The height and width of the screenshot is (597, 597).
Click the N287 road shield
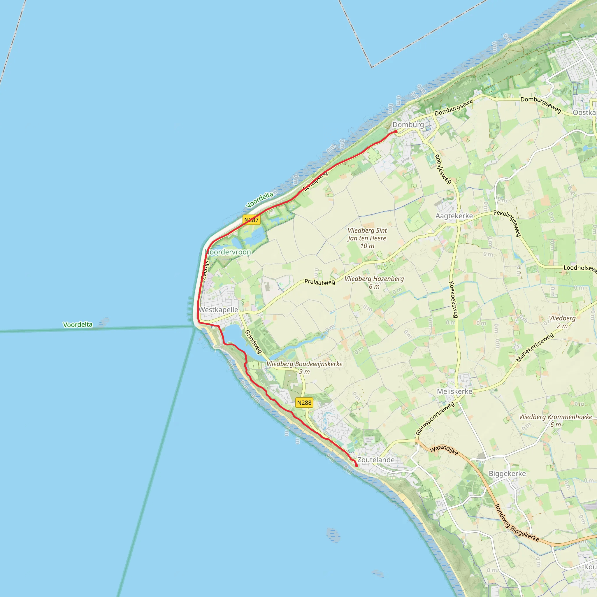[x=251, y=220]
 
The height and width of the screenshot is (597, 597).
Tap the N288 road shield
[x=304, y=403]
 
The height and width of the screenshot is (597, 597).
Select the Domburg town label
[x=408, y=124]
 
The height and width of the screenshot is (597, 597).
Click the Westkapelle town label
[x=218, y=310]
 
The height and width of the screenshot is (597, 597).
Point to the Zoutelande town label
[x=376, y=460]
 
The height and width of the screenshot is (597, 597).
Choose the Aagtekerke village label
[x=454, y=216]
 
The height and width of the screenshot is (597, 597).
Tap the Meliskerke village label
[x=454, y=391]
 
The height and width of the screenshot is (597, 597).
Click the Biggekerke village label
[x=507, y=474]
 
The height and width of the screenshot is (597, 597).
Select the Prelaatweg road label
[x=319, y=282]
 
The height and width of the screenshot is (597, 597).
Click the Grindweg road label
[x=253, y=342]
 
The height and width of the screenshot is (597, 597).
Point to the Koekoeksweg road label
[x=453, y=299]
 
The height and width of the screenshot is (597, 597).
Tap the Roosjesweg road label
[x=443, y=169]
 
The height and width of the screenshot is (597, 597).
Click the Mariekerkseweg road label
[x=535, y=347]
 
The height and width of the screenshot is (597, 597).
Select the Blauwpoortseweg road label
[x=435, y=418]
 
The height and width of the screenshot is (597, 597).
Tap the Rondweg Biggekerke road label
[x=517, y=523]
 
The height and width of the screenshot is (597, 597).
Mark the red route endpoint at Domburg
[x=396, y=132]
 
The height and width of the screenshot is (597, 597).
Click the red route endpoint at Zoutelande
[x=357, y=465]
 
